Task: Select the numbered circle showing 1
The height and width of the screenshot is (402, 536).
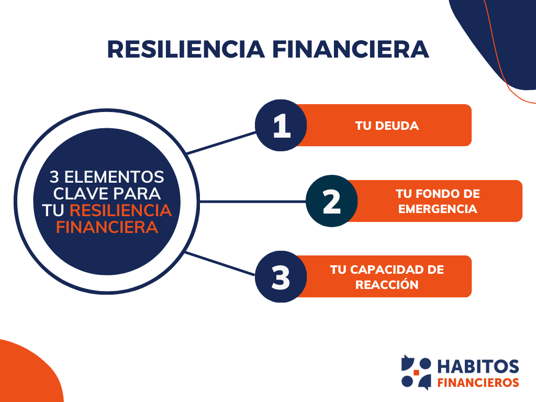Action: click(281, 126)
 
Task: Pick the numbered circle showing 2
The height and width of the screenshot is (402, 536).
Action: click(331, 202)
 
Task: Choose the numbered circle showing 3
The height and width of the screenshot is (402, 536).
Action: click(281, 277)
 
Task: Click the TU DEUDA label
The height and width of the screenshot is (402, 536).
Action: click(387, 126)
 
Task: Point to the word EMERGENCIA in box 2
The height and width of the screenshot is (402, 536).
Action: click(438, 209)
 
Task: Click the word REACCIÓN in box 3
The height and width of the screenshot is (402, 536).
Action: click(387, 285)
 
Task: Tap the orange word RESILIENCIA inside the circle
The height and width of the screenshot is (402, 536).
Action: click(120, 210)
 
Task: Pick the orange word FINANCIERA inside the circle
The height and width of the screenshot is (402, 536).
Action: click(107, 228)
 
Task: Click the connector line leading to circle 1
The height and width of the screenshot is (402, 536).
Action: click(221, 142)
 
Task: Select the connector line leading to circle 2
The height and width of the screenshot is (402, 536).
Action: click(251, 202)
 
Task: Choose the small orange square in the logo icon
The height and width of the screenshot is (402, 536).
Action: click(417, 373)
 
